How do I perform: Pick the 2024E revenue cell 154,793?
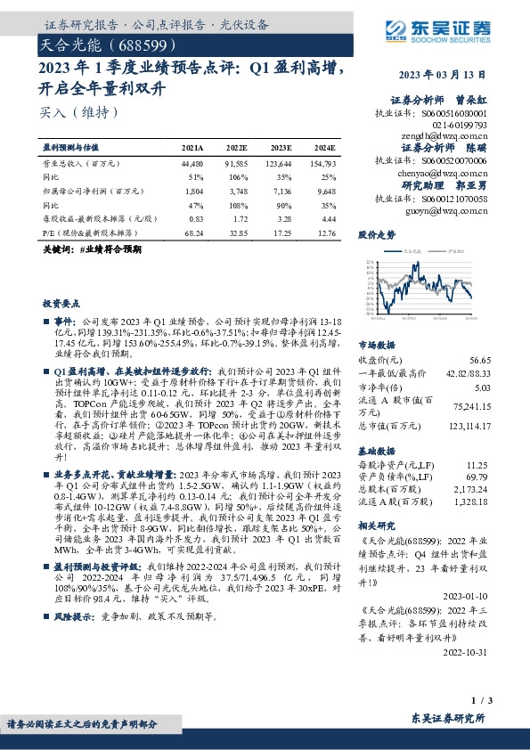pyautogui.click(x=322, y=164)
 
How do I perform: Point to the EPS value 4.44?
pyautogui.click(x=326, y=218)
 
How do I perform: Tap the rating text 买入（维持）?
pyautogui.click(x=79, y=113)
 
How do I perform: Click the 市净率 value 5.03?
pyautogui.click(x=482, y=387)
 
